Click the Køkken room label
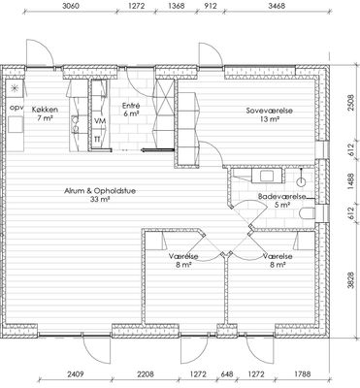[45, 110]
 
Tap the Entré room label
[131, 106]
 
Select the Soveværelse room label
[269, 111]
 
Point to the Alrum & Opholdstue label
[100, 191]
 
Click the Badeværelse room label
[281, 196]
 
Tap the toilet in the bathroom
[307, 213]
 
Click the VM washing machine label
[100, 120]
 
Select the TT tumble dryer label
[97, 139]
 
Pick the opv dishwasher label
[16, 108]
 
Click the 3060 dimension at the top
[70, 6]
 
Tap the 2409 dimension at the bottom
[76, 374]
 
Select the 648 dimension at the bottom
[226, 374]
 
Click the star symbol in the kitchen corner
[15, 88]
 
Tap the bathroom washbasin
[267, 177]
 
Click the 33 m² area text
[100, 200]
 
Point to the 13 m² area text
[270, 119]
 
